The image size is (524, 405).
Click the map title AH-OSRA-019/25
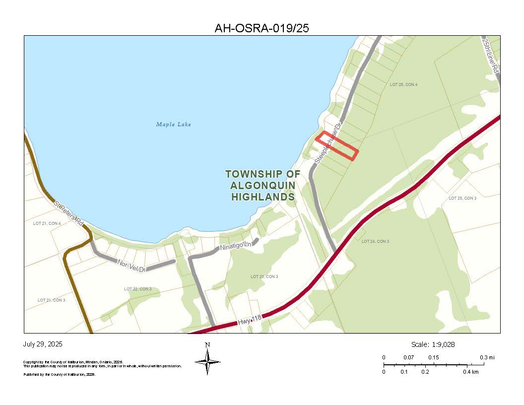pos(262,28)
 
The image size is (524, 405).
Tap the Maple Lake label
pos(174,125)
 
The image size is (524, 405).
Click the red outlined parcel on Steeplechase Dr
pos(337,146)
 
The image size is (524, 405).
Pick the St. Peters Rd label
pos(69,213)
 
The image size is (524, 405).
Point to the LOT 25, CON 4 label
pos(403,85)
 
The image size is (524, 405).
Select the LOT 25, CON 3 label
pos(462,198)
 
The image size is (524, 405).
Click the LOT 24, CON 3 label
pos(375,242)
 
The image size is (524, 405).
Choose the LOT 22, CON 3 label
pos(137,289)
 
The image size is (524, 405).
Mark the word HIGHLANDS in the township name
pos(263,197)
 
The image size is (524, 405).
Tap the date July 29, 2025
pos(43,344)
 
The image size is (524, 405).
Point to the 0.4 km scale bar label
pos(471,372)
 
